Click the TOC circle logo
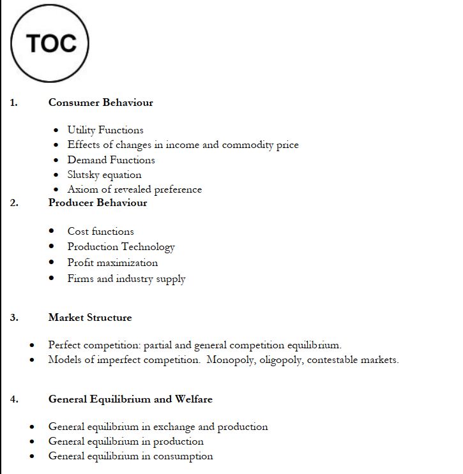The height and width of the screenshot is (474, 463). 50,43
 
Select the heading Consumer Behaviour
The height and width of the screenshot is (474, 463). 100,102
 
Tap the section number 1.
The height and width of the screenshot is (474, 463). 13,102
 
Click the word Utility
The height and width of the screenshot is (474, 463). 81,130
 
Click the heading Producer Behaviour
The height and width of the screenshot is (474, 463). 98,203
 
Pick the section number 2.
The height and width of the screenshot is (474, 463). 14,203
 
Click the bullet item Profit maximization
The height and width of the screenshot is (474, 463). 112,263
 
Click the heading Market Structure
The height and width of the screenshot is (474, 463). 90,318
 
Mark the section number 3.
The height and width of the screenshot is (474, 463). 14,318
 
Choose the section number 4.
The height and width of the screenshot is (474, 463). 14,399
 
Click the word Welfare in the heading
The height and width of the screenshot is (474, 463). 194,399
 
